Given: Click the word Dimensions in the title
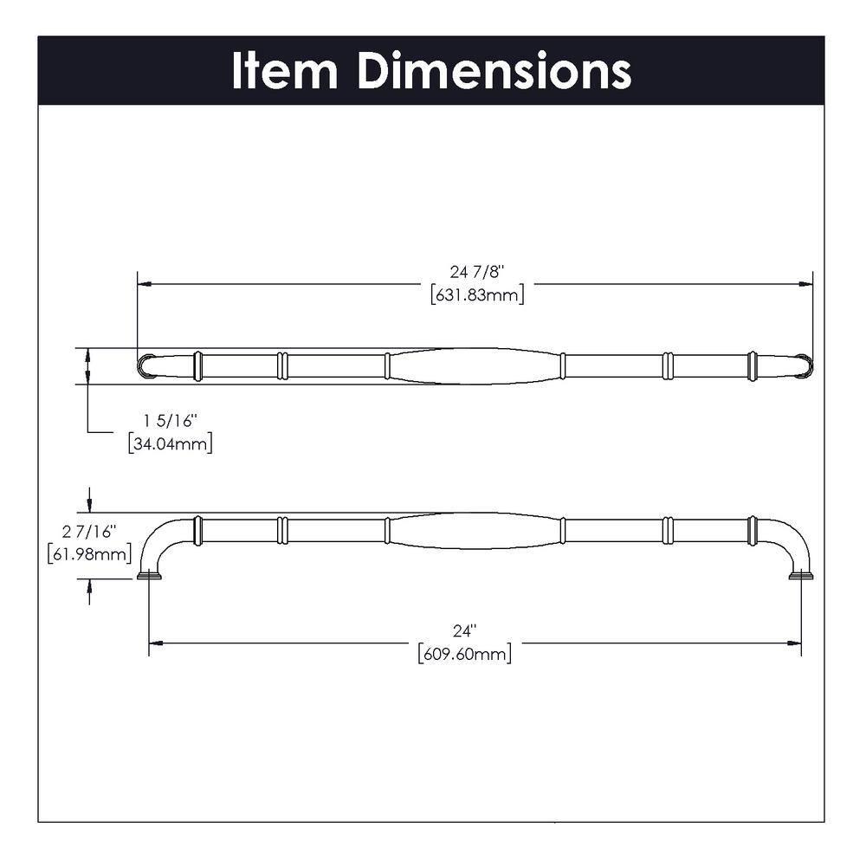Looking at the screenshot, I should click(494, 71).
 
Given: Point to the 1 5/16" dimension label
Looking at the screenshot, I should click(171, 421).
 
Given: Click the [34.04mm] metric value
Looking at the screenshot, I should click(170, 443).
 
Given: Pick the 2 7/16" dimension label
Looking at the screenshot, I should click(89, 530).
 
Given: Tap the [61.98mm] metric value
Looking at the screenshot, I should click(89, 553).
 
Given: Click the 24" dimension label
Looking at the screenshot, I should click(464, 631).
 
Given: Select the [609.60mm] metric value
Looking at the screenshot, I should click(464, 654).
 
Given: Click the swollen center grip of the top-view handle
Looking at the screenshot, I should click(474, 366).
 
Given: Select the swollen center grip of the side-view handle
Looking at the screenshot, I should click(474, 530).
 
